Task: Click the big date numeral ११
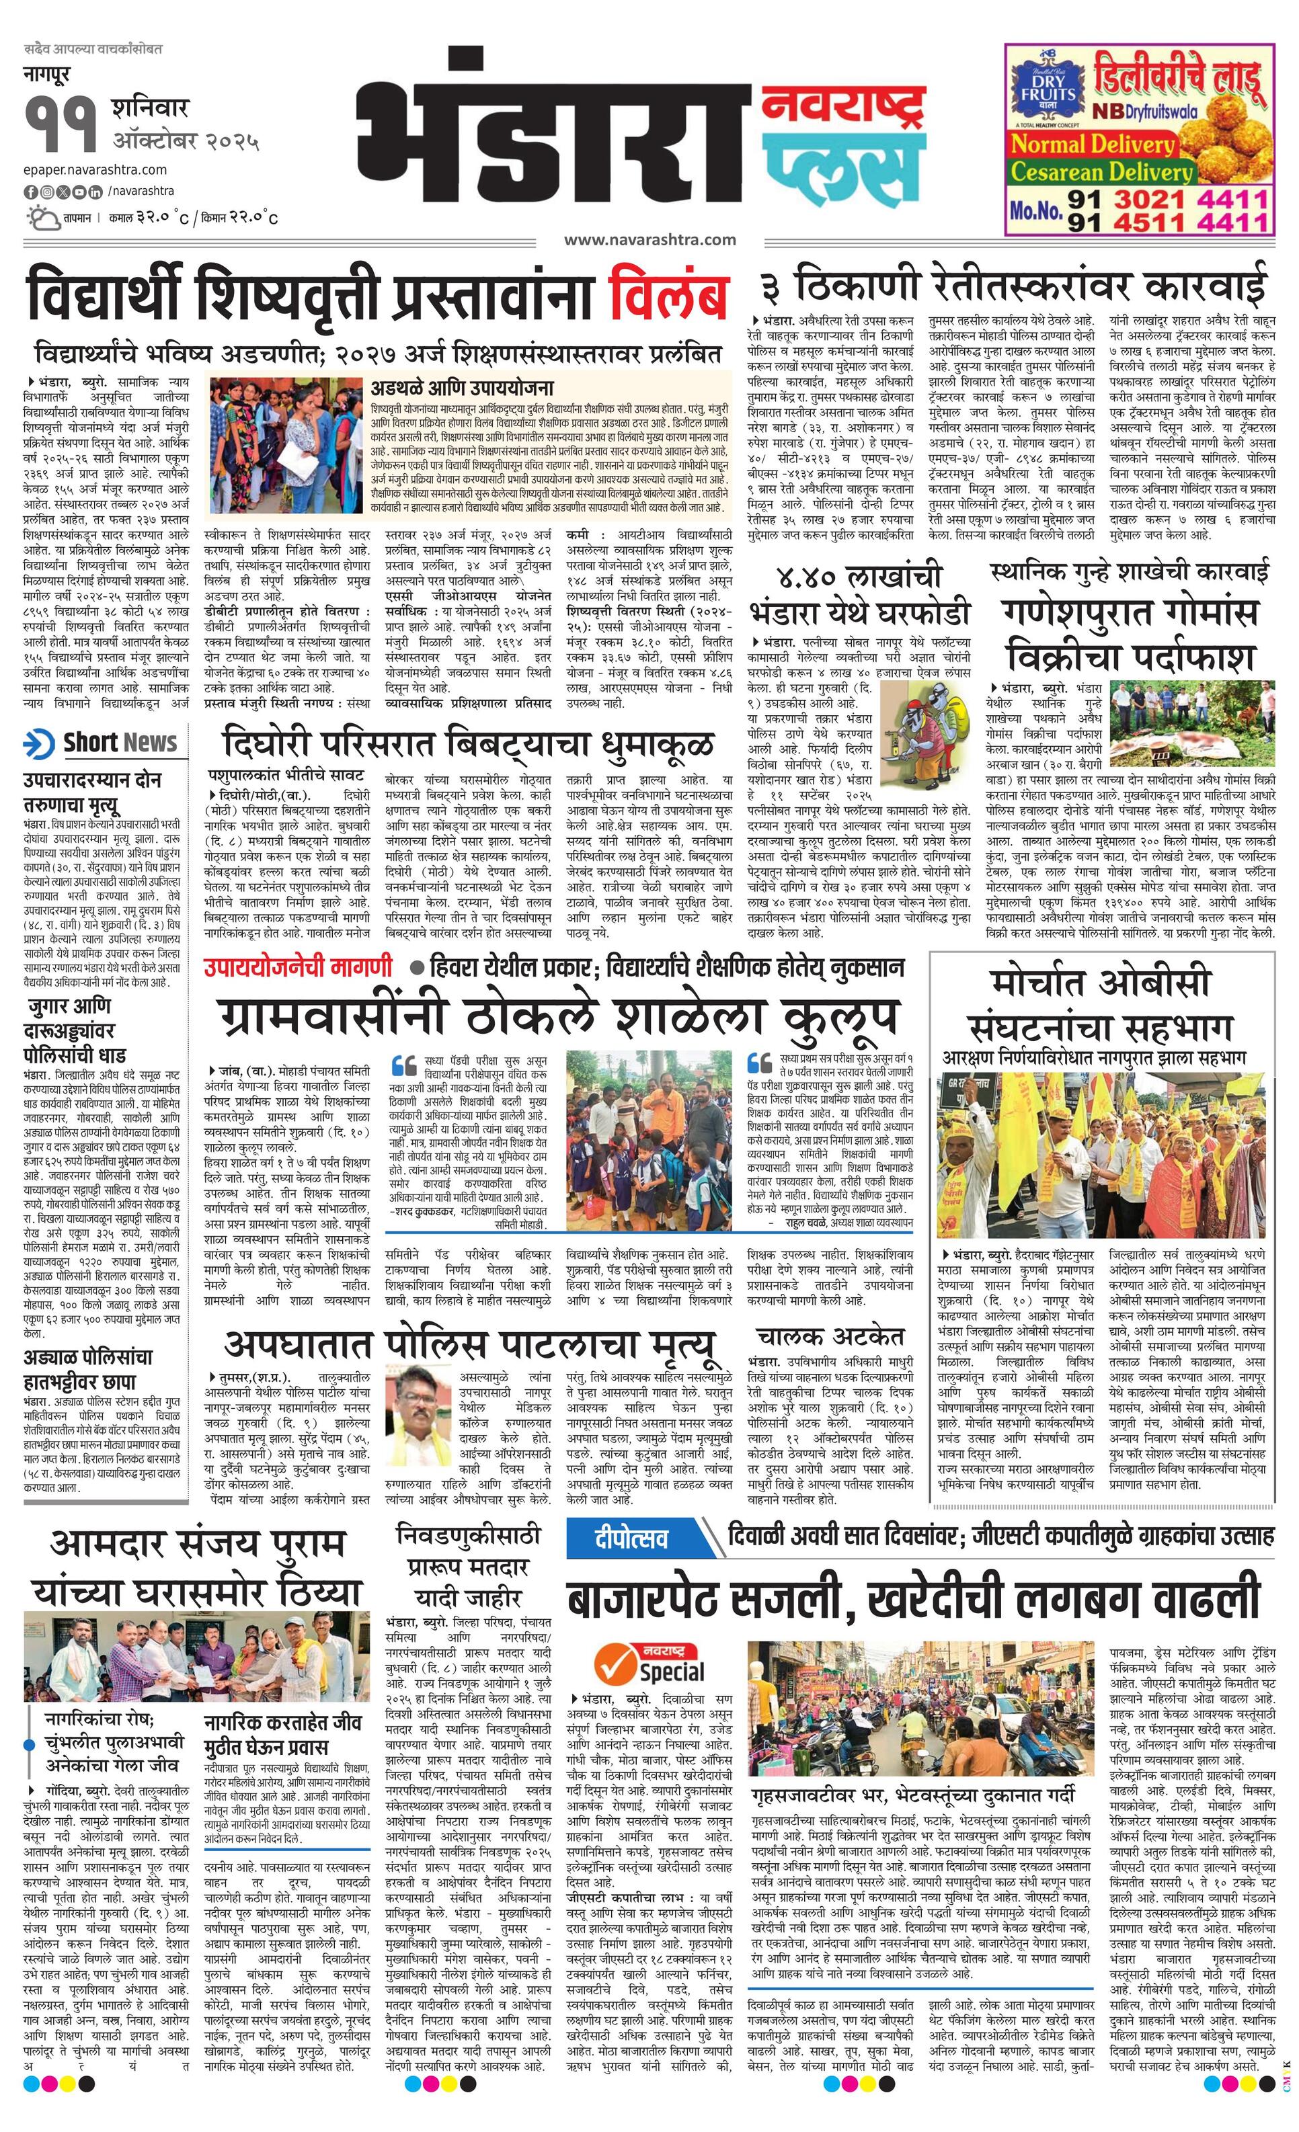pos(61,126)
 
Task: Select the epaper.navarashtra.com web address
pos(95,169)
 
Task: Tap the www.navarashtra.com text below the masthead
pos(649,240)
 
